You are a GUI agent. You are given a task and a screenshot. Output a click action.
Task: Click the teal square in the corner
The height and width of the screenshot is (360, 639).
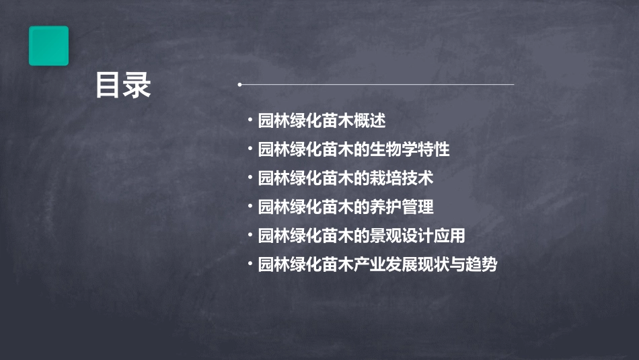click(48, 46)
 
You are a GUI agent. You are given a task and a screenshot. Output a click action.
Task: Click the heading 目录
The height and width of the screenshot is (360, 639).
click(123, 85)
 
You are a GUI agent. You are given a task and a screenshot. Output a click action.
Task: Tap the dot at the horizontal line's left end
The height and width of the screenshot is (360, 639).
click(239, 85)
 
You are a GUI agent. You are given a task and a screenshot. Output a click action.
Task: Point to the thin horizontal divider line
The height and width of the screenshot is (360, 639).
click(377, 85)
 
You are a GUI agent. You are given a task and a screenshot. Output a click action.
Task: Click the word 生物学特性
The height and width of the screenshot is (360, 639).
click(410, 149)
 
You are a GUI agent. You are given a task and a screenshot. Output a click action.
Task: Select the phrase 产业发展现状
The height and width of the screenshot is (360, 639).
click(410, 265)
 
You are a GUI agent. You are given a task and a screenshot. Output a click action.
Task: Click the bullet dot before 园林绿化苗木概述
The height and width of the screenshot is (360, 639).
click(250, 120)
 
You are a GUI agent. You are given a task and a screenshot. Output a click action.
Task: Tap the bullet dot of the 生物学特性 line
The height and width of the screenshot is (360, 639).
click(250, 149)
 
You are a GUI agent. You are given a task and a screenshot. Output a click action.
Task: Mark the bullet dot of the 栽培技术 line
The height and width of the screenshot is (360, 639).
click(250, 178)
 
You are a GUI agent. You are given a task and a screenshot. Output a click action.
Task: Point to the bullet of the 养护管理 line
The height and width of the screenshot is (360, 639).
click(250, 207)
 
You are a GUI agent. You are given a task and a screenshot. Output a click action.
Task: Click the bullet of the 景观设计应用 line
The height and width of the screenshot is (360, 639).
click(250, 236)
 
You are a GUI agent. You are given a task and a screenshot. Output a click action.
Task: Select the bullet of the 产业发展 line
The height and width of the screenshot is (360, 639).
click(250, 264)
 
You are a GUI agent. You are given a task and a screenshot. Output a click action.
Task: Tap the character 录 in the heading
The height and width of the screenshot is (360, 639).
click(138, 85)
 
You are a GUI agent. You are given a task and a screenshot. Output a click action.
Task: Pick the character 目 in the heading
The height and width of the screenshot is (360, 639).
click(108, 85)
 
